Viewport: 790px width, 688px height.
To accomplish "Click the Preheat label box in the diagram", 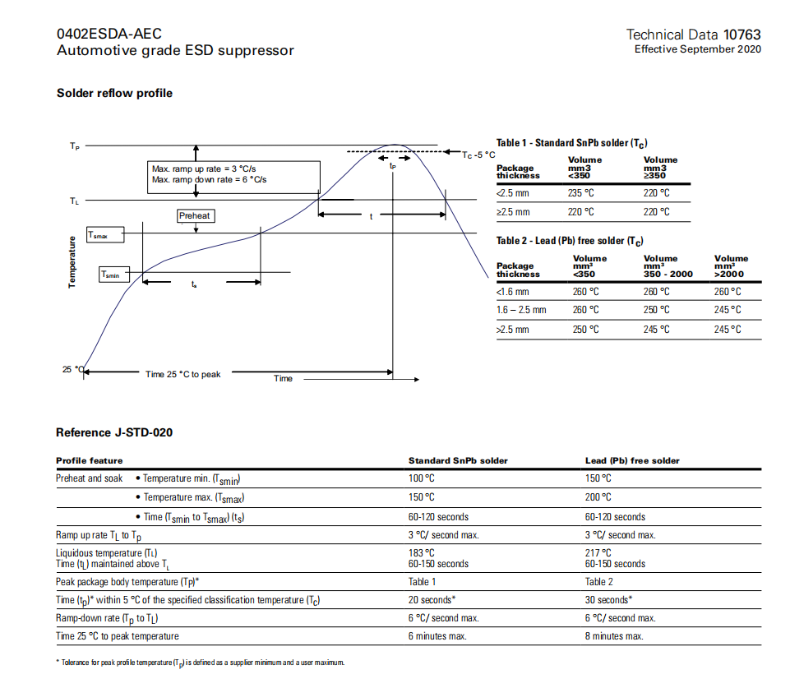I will (x=195, y=215).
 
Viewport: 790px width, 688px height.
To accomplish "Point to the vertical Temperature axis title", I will (x=72, y=262).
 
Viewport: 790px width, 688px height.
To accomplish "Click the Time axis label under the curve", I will (x=283, y=379).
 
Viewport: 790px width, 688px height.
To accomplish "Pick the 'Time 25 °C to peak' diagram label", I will (x=183, y=374).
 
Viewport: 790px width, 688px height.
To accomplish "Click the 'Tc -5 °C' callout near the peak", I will (x=478, y=154).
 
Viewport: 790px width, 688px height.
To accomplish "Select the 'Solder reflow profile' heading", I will (x=114, y=93).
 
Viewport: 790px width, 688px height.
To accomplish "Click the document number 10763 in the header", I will (x=741, y=35).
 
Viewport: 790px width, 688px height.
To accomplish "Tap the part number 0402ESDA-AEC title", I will (x=109, y=34).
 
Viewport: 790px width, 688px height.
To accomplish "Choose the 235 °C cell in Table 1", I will (x=580, y=193).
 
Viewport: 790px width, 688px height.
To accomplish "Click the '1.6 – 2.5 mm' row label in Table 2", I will (x=521, y=310).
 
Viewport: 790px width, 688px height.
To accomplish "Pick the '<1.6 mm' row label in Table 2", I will (x=513, y=291).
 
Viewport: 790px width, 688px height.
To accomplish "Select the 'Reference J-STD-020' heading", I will (x=114, y=432).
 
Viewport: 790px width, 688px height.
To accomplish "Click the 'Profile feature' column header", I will (x=90, y=460).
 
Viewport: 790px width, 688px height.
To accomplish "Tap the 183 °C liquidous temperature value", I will (x=422, y=553).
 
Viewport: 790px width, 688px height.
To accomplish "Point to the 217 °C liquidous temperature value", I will (x=598, y=553).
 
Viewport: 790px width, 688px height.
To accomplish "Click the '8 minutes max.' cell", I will (x=614, y=636).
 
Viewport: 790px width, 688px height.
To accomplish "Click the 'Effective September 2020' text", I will (x=697, y=49).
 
